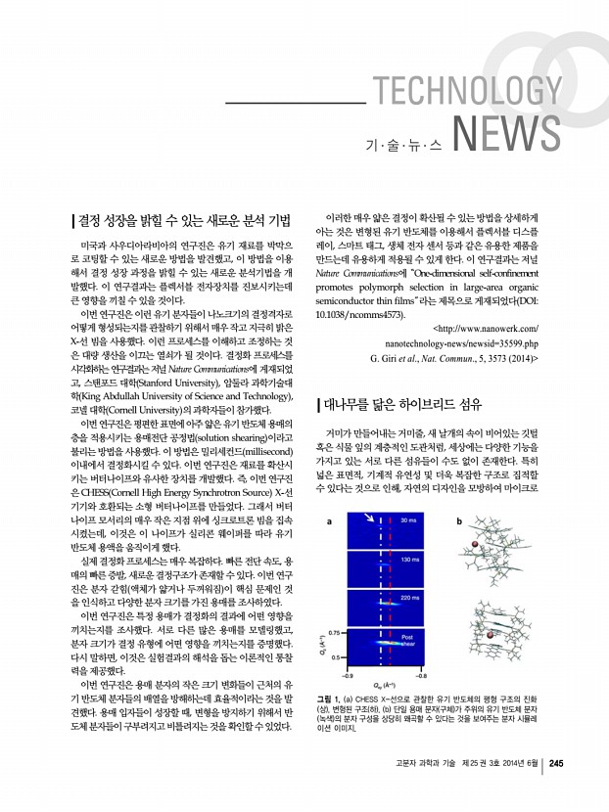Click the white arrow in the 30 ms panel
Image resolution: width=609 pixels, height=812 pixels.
pos(370,519)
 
